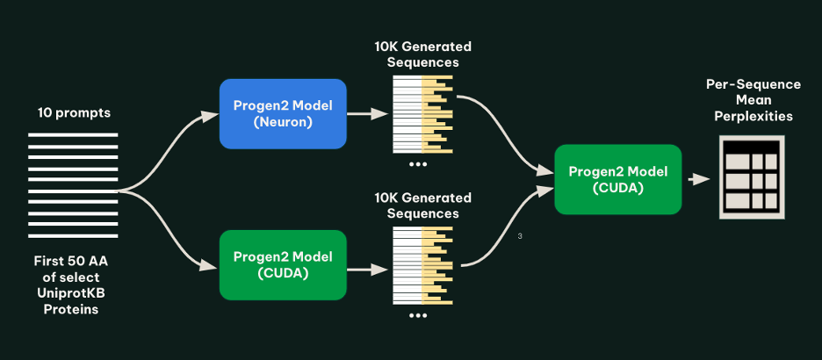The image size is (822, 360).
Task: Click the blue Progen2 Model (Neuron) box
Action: [282, 113]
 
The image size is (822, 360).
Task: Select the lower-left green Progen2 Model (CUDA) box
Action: [282, 264]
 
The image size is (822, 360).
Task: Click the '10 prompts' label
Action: [74, 113]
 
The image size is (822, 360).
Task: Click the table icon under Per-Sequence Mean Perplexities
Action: [752, 177]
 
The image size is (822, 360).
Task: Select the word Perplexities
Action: [753, 116]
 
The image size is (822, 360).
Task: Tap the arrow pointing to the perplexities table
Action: [699, 179]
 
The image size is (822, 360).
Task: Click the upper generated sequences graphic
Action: [422, 113]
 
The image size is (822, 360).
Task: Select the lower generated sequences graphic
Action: [422, 264]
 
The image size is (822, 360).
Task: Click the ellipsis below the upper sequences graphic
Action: [418, 164]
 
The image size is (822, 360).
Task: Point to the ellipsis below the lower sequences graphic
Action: [418, 315]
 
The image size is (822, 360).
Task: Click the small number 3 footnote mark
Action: [521, 235]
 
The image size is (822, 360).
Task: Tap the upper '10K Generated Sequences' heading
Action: [422, 54]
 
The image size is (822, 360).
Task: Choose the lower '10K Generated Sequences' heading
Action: [422, 205]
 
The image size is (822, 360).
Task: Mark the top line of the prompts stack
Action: [73, 135]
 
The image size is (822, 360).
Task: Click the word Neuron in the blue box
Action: [282, 123]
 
